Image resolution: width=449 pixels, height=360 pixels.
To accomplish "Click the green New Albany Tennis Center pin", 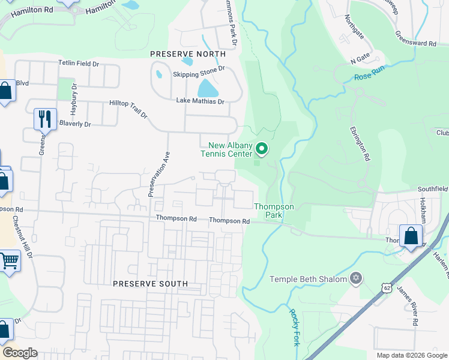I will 261,148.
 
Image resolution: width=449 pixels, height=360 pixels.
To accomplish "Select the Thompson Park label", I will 274,211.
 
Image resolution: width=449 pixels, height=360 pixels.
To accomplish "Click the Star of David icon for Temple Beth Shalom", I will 356,278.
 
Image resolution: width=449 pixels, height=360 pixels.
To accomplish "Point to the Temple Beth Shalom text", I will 308,279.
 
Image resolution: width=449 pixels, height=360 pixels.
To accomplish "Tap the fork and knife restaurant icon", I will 45,119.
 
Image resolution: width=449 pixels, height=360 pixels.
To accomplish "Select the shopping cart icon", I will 9,261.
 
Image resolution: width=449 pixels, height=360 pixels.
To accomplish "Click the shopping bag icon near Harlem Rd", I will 411,235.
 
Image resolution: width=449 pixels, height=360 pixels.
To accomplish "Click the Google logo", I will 20,353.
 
